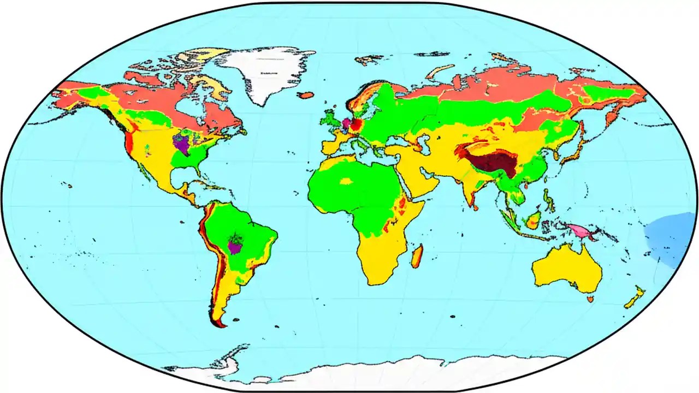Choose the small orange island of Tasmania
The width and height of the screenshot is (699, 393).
point(590,299)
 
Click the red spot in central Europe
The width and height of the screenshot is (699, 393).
point(356,126)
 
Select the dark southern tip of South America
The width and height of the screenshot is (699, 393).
point(219,324)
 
